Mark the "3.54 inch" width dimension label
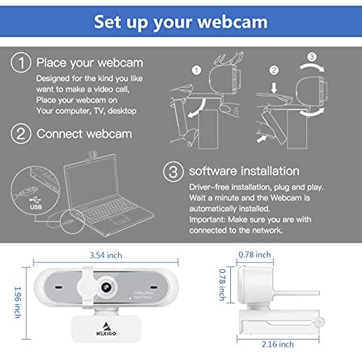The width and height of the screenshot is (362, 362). point(106,254)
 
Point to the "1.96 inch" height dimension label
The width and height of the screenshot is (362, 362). point(9,301)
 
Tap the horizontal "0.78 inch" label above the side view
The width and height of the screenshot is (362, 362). point(254,254)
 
